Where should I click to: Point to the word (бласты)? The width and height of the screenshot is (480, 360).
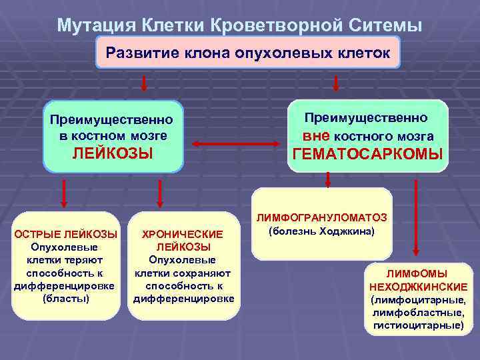tap(65, 298)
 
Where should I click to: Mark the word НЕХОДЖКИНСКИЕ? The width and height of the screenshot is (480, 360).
tap(418, 287)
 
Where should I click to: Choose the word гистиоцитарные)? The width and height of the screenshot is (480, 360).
tap(418, 325)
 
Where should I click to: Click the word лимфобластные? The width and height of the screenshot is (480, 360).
tap(419, 313)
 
